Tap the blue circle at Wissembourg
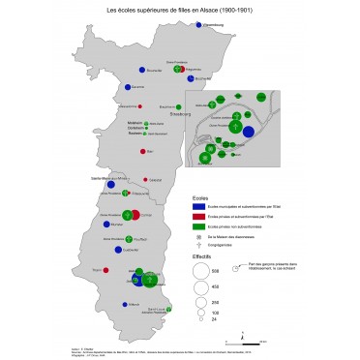198,27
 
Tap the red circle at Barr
144,151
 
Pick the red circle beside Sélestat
147,179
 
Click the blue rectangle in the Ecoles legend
198,205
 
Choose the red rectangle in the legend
198,215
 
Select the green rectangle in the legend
198,225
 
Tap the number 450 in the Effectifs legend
214,287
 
